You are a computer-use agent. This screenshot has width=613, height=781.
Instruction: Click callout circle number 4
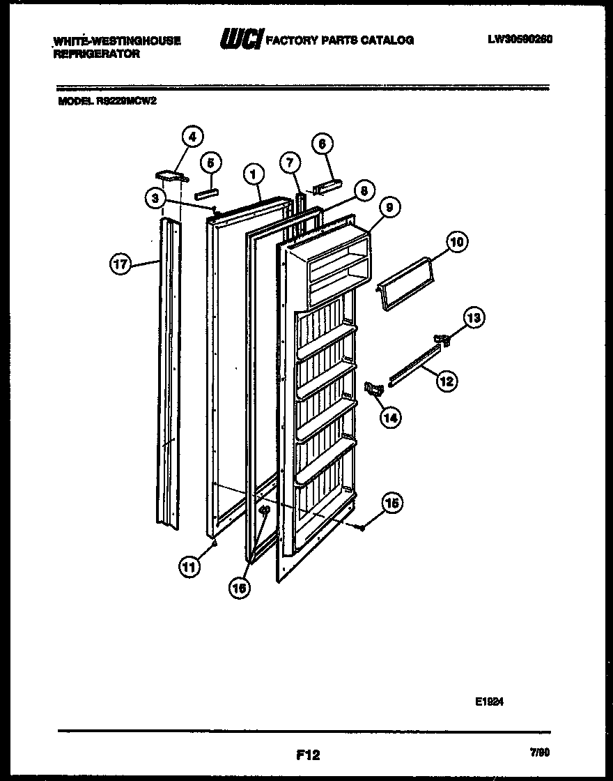click(x=193, y=135)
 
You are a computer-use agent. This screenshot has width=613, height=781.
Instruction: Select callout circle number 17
click(x=122, y=263)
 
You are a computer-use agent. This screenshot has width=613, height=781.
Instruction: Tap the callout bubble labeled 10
click(x=456, y=243)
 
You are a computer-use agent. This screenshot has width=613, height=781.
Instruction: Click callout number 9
click(x=389, y=207)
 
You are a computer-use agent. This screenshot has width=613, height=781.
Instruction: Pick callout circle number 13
click(x=474, y=319)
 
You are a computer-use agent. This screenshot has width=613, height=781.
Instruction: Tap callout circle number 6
click(x=321, y=144)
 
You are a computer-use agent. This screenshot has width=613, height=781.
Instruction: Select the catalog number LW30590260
click(x=520, y=40)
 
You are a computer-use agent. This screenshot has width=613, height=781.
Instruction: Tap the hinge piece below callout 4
click(x=169, y=174)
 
